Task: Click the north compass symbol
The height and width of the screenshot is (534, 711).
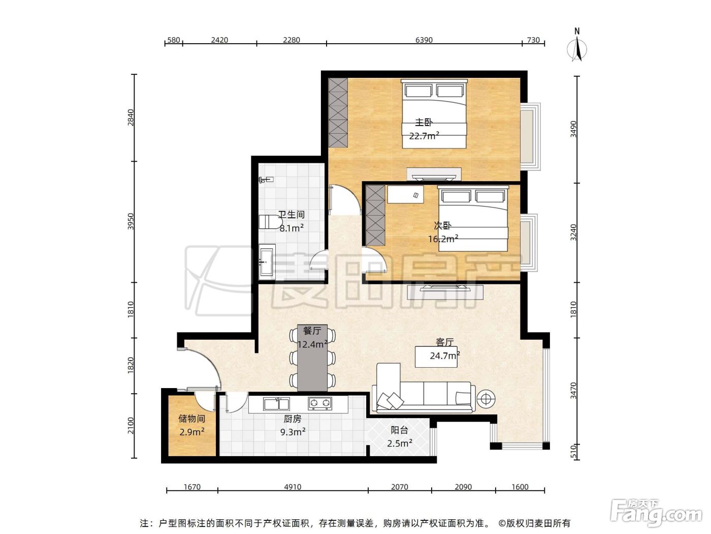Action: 577,46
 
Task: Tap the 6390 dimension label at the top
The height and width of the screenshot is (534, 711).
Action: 424,40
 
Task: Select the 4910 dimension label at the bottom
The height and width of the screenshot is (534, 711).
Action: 293,487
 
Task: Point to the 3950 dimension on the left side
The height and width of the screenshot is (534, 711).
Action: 131,221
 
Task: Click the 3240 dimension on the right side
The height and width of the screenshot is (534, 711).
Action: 574,232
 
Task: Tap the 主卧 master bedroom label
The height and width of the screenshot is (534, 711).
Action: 424,122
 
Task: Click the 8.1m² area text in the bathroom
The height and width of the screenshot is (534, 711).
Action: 292,228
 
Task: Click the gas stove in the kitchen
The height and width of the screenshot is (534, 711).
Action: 320,403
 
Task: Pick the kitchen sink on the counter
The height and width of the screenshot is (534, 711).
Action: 276,404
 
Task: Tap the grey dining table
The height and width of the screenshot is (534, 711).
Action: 312,358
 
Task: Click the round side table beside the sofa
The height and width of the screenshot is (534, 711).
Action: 486,399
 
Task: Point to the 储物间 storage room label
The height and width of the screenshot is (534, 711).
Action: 192,419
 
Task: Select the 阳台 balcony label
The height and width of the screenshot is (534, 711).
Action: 399,430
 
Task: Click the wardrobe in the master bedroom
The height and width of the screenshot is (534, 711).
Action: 338,112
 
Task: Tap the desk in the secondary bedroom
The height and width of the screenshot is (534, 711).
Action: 406,194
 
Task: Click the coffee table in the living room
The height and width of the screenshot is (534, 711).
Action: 436,357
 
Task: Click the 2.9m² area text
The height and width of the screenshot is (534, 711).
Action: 192,432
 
